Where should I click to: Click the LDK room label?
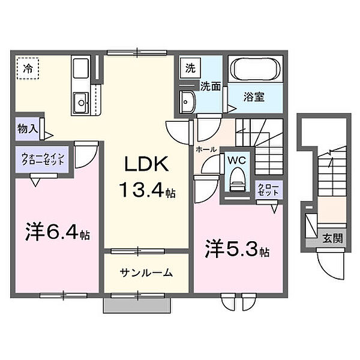click(x=146, y=164)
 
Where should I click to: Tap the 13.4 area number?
click(x=142, y=190)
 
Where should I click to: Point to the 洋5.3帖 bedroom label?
click(x=237, y=249)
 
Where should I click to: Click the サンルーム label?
click(x=146, y=273)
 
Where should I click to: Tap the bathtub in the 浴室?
click(x=256, y=68)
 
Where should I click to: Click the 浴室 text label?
click(x=254, y=97)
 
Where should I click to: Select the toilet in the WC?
click(x=238, y=179)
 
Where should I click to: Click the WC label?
click(x=237, y=160)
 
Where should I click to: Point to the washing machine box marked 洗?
click(x=190, y=68)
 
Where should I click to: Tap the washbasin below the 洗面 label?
click(x=188, y=102)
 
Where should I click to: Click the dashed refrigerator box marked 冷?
click(x=28, y=68)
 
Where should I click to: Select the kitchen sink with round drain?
click(x=81, y=103)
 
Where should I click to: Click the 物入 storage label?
click(x=28, y=128)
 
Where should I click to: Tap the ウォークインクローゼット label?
click(x=43, y=159)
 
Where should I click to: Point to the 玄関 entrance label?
click(x=332, y=238)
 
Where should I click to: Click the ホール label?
click(x=206, y=149)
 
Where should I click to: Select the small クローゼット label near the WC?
click(x=268, y=190)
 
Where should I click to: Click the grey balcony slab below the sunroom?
click(x=137, y=305)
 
